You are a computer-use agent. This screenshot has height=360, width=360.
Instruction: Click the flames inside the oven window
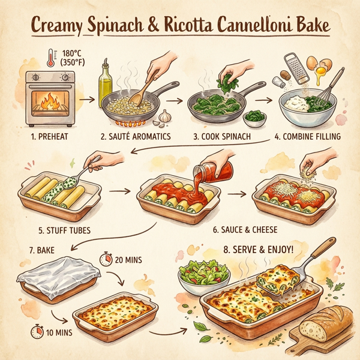coord(50,104)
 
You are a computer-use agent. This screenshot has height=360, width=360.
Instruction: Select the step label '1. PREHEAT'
coord(50,137)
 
